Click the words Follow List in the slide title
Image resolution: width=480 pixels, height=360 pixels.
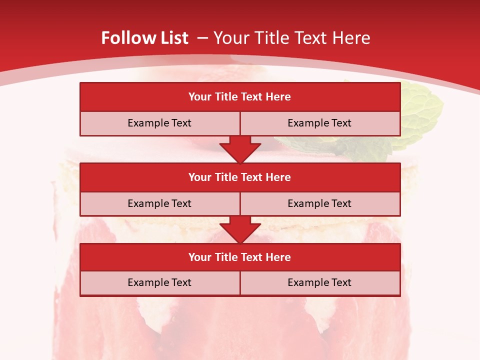tap(144, 38)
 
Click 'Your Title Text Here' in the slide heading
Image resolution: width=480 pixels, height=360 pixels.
tap(291, 38)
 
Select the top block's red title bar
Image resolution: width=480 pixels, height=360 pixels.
tap(240, 97)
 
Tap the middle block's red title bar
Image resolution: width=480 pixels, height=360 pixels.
tap(240, 177)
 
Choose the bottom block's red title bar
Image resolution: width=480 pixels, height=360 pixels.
tap(240, 257)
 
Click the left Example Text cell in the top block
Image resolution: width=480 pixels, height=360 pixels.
tap(159, 123)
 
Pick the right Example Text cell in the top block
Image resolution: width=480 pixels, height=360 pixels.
tap(319, 123)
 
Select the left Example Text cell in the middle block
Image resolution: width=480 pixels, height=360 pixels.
tap(159, 203)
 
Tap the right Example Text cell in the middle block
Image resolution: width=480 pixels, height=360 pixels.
tap(319, 203)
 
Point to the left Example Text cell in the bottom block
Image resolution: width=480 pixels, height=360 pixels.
tap(159, 282)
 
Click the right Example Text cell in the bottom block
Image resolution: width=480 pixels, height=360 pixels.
tap(319, 282)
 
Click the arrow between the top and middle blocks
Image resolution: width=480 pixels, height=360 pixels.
tap(240, 149)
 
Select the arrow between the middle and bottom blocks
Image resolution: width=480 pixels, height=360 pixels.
tap(240, 229)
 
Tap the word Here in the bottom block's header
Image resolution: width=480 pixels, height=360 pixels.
tap(278, 257)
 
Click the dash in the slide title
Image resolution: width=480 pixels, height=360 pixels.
tap(202, 38)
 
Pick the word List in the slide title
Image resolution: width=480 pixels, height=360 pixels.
tap(173, 38)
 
